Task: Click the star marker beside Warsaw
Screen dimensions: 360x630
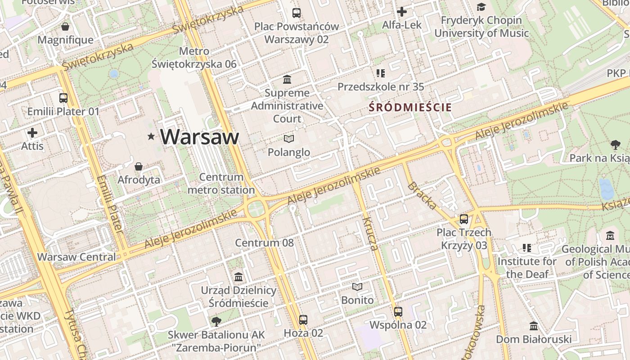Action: (151, 136)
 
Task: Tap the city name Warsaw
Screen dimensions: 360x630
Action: (199, 137)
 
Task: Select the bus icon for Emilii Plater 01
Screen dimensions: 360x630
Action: (63, 98)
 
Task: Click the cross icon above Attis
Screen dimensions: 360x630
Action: (32, 133)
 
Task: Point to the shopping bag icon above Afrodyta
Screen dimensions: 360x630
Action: (139, 167)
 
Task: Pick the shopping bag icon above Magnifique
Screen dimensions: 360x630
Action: (65, 27)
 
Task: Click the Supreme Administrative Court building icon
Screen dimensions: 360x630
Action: (287, 80)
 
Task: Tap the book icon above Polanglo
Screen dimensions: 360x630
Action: (289, 139)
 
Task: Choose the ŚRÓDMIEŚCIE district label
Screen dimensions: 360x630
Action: (410, 108)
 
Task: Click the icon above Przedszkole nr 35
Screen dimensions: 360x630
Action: (381, 73)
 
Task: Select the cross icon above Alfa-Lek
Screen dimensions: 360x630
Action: (402, 12)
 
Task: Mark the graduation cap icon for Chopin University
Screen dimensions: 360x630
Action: (481, 7)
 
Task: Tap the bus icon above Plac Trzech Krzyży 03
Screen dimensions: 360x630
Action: (464, 219)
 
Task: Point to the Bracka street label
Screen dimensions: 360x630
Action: (422, 196)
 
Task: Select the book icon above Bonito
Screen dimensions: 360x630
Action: (357, 287)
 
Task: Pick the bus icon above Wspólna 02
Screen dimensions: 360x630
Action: (398, 311)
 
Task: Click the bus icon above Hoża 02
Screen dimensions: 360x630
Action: (303, 320)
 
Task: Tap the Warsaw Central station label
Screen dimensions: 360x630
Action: (76, 257)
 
